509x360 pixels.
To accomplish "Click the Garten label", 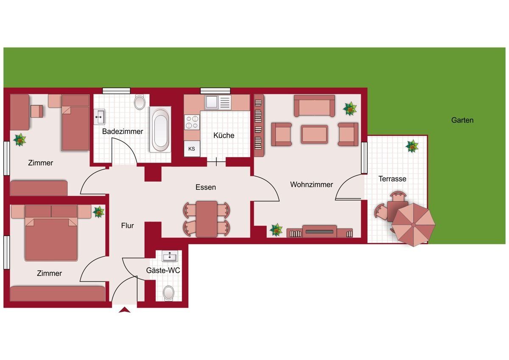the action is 462,120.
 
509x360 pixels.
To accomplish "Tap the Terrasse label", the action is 392,179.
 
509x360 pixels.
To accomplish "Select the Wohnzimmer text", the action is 311,184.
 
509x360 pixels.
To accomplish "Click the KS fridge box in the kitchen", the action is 192,149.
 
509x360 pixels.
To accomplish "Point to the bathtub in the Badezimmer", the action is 160,129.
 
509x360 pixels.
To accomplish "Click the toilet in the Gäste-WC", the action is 169,292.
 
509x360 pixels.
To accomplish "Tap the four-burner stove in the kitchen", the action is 192,122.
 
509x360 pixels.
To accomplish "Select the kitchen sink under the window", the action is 218,102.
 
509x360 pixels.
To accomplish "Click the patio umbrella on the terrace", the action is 414,225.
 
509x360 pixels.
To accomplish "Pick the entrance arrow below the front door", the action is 125,310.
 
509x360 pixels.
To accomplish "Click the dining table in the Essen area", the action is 206,219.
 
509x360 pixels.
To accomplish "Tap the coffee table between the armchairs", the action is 314,134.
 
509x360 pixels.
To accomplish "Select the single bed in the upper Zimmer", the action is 76,123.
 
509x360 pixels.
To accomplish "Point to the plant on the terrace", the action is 412,146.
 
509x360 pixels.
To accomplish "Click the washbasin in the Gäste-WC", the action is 170,256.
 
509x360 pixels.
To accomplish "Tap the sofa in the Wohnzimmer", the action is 314,106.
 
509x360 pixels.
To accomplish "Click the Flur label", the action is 127,225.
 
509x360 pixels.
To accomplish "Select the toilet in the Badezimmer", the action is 140,102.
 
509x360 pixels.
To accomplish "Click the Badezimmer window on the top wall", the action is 116,91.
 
